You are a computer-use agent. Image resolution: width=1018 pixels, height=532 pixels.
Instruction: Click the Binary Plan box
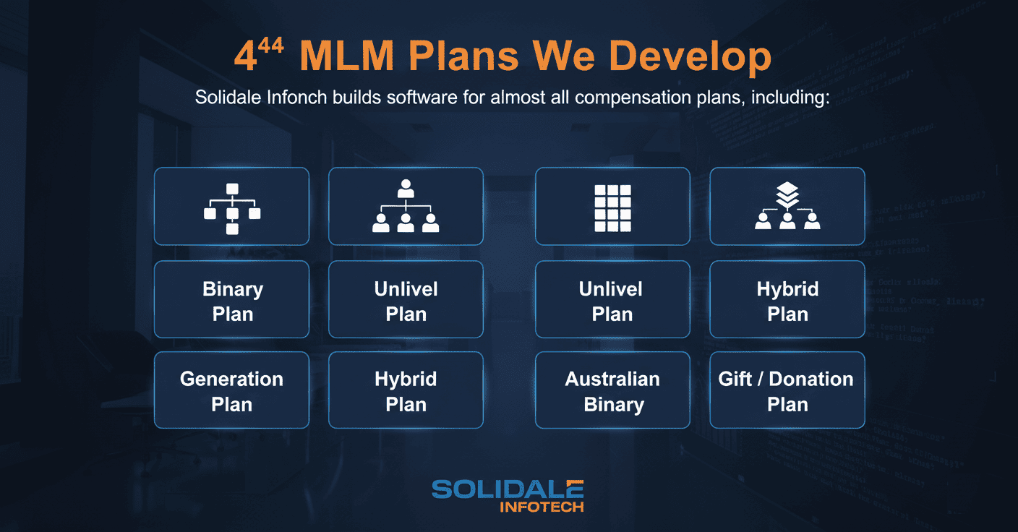pos(231,300)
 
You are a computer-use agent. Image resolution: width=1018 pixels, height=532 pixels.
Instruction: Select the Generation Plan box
pos(231,390)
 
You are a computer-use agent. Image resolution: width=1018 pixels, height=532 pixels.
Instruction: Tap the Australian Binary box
pos(612,390)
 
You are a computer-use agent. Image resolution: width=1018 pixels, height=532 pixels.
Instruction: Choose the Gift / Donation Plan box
pos(787,390)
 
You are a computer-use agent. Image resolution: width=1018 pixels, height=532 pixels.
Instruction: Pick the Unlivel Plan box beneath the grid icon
pos(612,300)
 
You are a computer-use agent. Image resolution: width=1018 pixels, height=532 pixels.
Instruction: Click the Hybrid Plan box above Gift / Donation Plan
pos(787,300)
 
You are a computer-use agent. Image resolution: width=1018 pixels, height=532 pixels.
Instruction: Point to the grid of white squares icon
pos(612,207)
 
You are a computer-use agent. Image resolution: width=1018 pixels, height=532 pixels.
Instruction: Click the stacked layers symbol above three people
pos(787,194)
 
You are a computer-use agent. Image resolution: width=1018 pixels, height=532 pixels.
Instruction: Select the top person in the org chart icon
pos(406,189)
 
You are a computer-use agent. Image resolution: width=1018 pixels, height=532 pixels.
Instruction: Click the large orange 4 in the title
pos(245,58)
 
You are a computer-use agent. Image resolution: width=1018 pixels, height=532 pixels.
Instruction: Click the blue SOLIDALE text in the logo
pos(508,489)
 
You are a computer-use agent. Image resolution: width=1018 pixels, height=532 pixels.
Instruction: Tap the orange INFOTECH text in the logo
pos(542,507)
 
